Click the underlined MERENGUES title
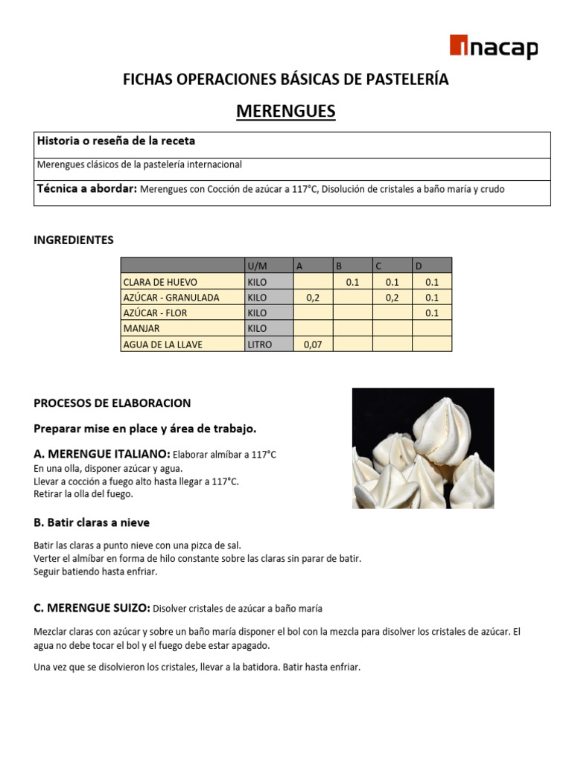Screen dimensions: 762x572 click(x=286, y=112)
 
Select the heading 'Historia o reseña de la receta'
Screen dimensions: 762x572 click(x=116, y=141)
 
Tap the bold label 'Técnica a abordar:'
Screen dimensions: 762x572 click(x=86, y=189)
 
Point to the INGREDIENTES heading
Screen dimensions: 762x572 click(x=74, y=240)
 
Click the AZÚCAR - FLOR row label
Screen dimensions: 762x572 click(x=155, y=313)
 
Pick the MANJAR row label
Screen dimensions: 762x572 click(x=142, y=329)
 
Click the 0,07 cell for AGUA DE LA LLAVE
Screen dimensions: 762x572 click(x=313, y=345)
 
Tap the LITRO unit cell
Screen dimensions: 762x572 click(x=260, y=345)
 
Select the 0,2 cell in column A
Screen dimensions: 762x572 click(x=313, y=298)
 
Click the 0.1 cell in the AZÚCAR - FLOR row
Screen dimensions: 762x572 click(x=432, y=313)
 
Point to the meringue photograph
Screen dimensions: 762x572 click(x=422, y=448)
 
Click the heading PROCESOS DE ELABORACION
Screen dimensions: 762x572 click(x=112, y=403)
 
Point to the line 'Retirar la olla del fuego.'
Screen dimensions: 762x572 click(x=83, y=494)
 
